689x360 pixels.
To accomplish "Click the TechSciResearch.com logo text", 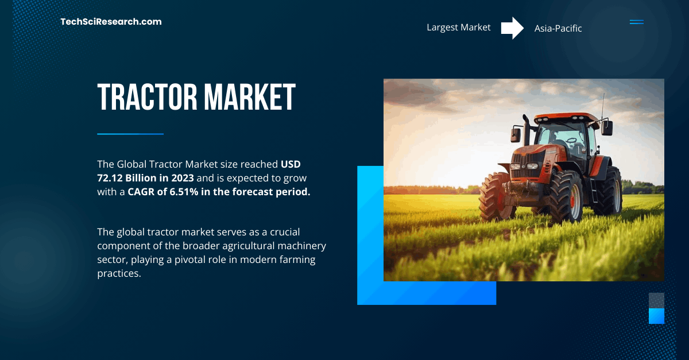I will pyautogui.click(x=111, y=22).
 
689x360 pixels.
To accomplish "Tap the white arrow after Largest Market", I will pyautogui.click(x=512, y=28).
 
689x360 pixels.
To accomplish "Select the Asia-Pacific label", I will pyautogui.click(x=558, y=28).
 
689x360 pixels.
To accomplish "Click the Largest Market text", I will pyautogui.click(x=458, y=28).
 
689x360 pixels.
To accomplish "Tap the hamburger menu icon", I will pyautogui.click(x=636, y=22).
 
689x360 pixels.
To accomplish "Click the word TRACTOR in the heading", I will pyautogui.click(x=145, y=97).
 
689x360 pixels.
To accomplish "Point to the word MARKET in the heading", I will pyautogui.click(x=248, y=97).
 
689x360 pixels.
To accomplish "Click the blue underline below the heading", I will pyautogui.click(x=130, y=134).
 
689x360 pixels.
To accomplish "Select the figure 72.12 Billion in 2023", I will pyautogui.click(x=145, y=178).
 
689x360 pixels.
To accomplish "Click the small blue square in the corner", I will pyautogui.click(x=656, y=316).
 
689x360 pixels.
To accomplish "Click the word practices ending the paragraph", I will pyautogui.click(x=118, y=273).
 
